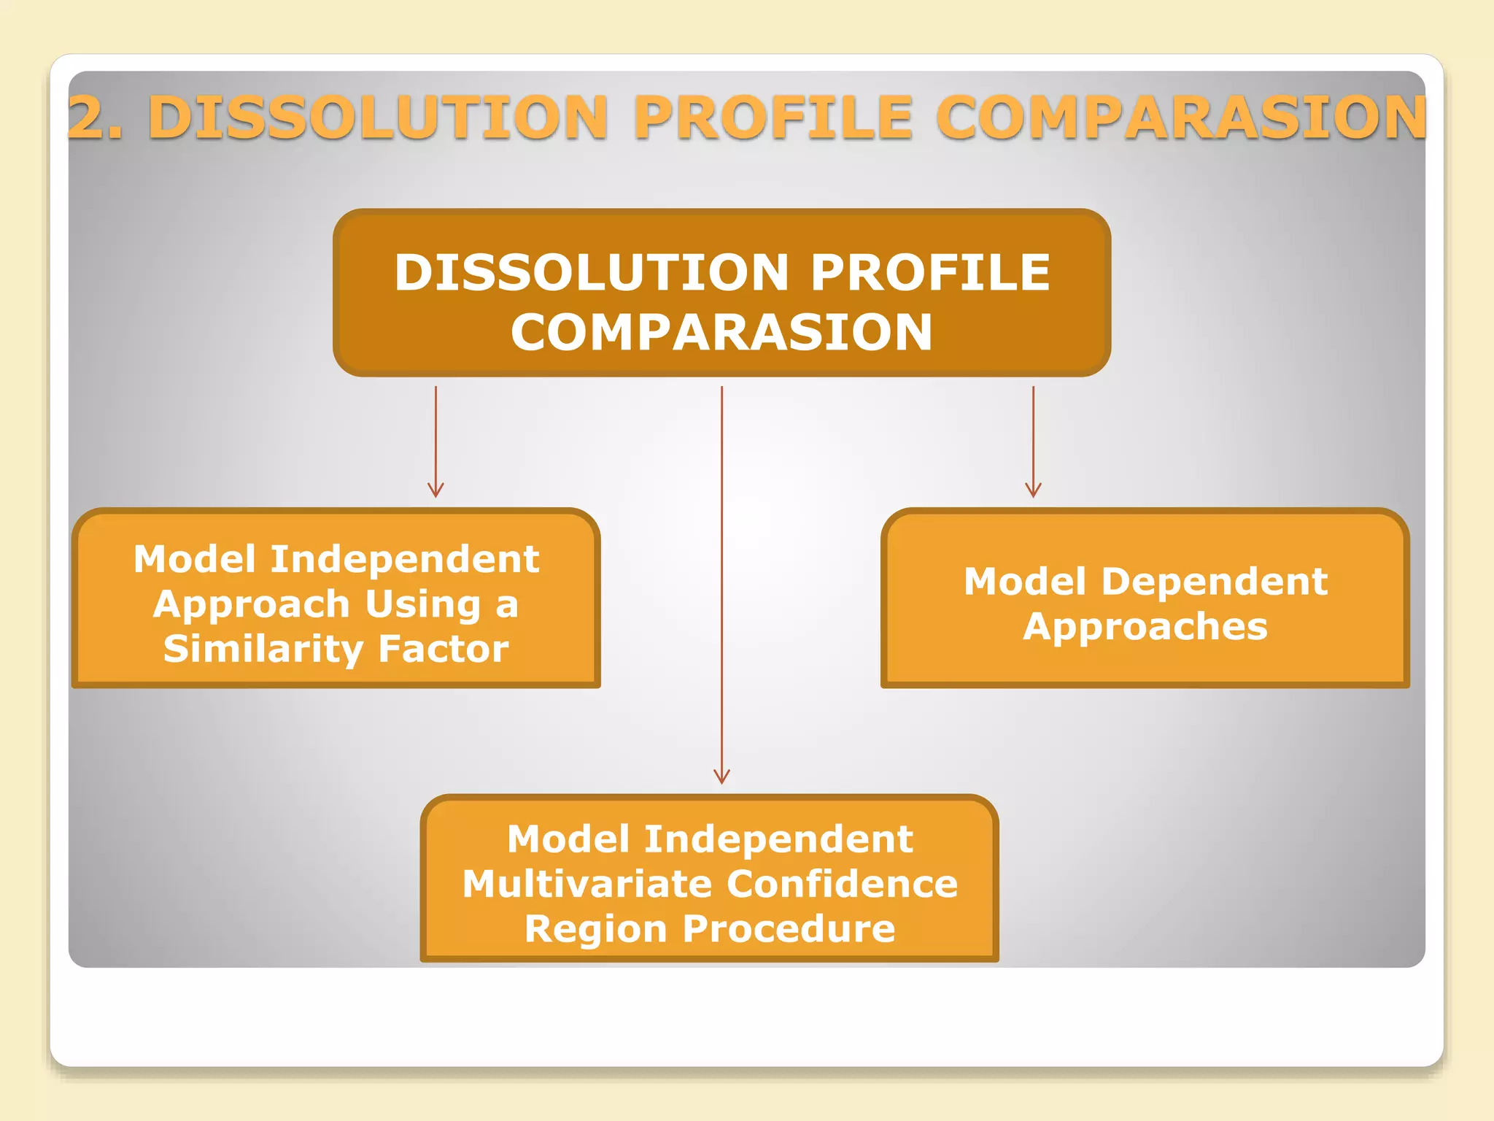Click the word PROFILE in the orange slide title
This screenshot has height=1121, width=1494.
773,117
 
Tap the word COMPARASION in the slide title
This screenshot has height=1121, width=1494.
1180,117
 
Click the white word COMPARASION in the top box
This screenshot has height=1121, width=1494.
721,333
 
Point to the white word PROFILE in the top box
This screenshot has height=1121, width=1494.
931,272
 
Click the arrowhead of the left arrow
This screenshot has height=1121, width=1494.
436,490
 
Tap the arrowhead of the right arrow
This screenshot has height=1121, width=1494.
1033,490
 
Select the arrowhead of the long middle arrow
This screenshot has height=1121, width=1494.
721,777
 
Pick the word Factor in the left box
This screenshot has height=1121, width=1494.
444,650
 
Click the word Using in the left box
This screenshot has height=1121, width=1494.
423,604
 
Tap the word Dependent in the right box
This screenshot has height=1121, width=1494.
1214,582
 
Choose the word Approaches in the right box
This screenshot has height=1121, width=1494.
1145,627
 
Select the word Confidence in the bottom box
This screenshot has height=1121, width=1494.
842,884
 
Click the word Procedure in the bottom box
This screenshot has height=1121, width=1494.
789,929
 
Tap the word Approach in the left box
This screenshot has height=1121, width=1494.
252,605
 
